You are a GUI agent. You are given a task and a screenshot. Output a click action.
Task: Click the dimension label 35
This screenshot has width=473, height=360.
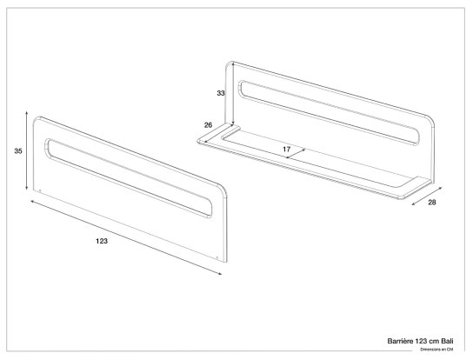coord(18,151)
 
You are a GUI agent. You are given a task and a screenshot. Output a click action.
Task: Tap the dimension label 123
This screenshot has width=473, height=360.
coord(102,241)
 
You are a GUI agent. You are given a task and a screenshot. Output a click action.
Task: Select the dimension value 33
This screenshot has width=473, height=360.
coord(221,93)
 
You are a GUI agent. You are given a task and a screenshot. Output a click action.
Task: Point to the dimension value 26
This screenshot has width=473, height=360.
coord(208,125)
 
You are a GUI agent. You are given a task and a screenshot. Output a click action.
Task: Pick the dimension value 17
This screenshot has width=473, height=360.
coord(287,149)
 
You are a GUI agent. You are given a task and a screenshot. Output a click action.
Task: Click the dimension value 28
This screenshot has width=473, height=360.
coord(432,203)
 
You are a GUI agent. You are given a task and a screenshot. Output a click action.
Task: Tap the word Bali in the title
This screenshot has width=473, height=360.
coord(448,341)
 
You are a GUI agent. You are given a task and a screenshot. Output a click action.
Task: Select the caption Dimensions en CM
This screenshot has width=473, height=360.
coord(436,350)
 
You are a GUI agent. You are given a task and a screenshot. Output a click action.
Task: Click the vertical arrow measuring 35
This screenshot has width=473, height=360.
coord(27,150)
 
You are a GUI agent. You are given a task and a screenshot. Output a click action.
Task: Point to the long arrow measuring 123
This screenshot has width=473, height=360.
coord(126,237)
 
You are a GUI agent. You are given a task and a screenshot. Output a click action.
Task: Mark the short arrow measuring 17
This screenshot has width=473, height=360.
coord(296,153)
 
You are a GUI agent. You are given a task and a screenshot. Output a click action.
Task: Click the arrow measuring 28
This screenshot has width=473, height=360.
coord(427,197)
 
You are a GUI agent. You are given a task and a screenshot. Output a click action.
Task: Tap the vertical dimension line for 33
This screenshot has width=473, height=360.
coord(232,95)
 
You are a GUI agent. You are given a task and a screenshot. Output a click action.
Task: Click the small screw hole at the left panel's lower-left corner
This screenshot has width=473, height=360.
coord(40,190)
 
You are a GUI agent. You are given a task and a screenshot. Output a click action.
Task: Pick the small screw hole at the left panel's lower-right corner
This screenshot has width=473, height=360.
coord(217,258)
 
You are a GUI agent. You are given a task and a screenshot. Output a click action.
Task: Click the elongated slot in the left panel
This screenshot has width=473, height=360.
coord(129,177)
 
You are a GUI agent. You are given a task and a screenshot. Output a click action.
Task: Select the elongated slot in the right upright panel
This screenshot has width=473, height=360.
coord(329,113)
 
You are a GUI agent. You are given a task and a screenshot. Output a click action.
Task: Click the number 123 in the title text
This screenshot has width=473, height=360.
coord(421,341)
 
